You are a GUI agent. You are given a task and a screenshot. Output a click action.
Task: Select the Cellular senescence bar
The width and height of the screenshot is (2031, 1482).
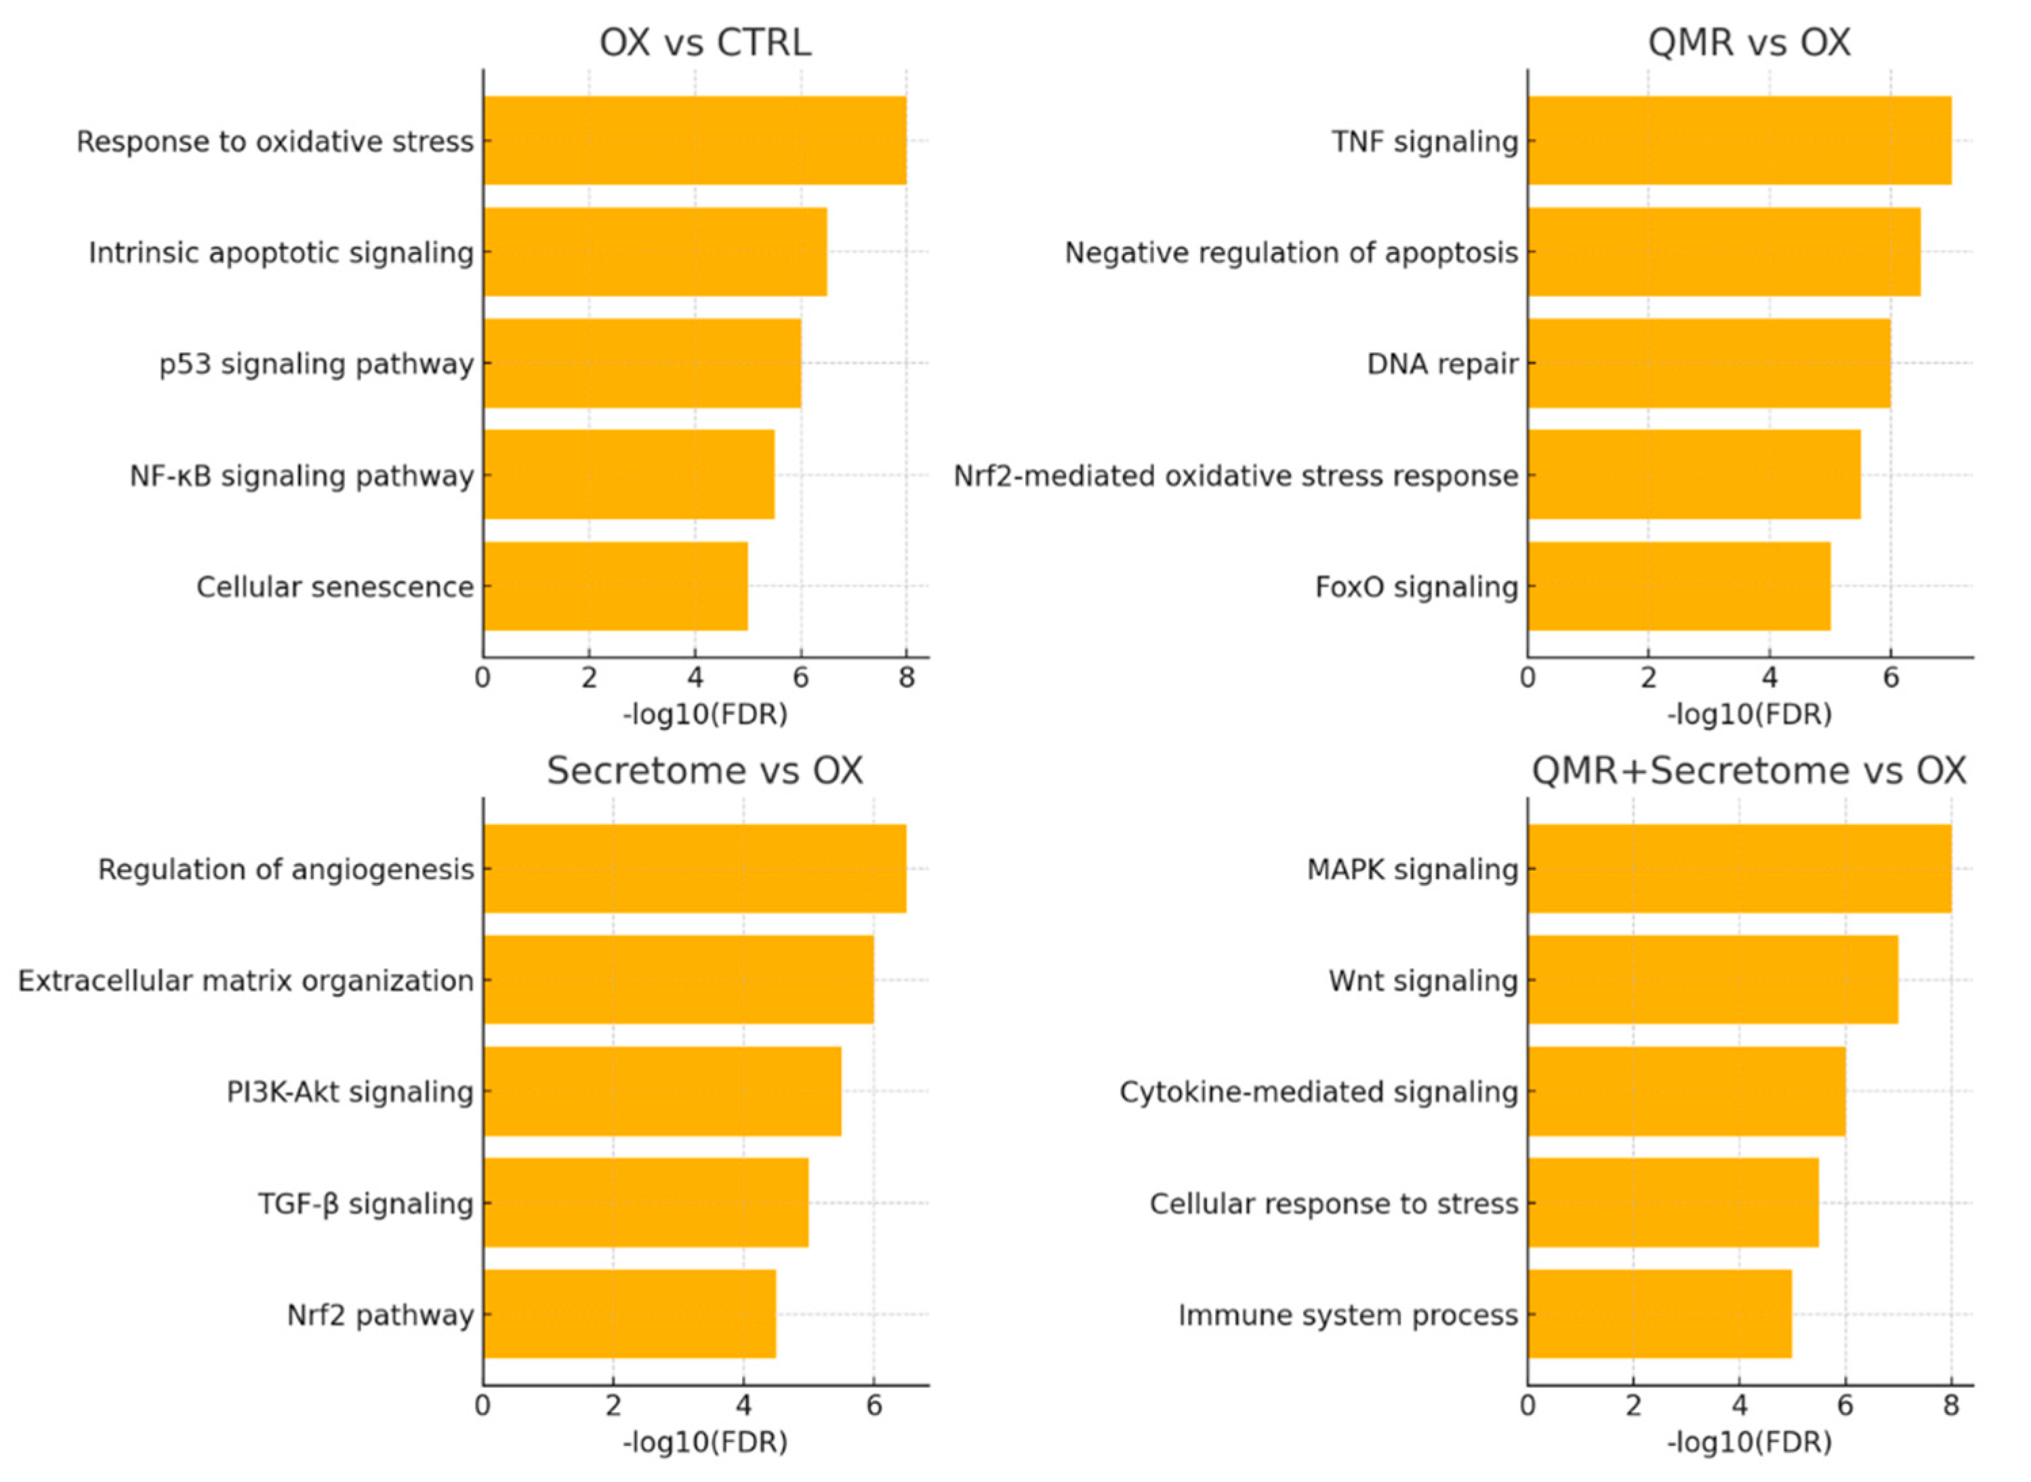pos(615,585)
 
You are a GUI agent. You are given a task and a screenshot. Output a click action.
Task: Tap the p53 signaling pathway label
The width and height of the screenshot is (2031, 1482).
pos(316,364)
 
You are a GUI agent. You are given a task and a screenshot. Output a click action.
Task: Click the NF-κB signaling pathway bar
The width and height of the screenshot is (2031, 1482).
pos(628,474)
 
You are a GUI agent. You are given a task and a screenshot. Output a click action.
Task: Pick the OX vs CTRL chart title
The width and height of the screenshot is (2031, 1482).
pos(704,42)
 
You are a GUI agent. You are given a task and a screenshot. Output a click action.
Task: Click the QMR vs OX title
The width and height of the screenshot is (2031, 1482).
pos(1748,42)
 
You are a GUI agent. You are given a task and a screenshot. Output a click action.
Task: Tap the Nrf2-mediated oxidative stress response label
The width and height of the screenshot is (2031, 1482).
pos(1235,476)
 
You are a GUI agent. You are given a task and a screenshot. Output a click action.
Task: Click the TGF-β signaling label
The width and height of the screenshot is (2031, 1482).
pos(365,1203)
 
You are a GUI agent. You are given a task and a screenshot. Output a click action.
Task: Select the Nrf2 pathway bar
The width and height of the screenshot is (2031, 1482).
pos(628,1313)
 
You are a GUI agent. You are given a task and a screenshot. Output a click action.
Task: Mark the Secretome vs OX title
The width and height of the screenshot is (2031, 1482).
pos(704,770)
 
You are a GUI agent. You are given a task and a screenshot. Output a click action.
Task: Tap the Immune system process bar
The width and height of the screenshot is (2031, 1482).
pos(1659,1313)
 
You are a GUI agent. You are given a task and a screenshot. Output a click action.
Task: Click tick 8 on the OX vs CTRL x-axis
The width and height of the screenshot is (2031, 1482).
pos(906,678)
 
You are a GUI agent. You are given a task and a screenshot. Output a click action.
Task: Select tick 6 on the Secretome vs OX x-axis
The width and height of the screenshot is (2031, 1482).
pos(874,1405)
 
